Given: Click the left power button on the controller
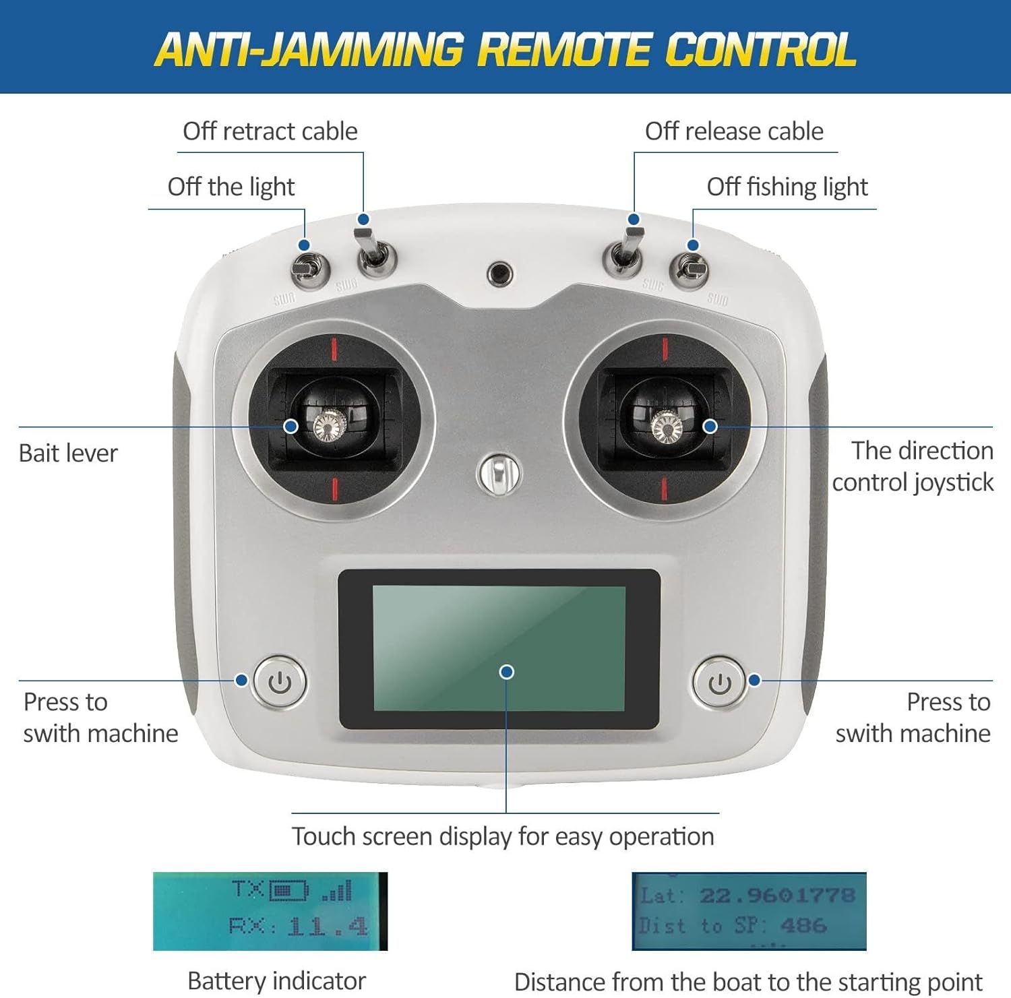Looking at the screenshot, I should (280, 682).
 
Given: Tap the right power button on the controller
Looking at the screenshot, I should (720, 683).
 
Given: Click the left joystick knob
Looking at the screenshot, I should (328, 426).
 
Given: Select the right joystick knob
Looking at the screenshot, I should (666, 426).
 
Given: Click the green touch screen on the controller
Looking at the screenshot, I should (499, 647).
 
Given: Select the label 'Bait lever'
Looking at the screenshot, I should (68, 454).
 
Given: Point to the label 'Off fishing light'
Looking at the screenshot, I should (787, 187).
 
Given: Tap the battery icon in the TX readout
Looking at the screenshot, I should (288, 891).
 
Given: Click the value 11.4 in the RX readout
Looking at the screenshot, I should (328, 927).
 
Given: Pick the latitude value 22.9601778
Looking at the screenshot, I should (777, 896).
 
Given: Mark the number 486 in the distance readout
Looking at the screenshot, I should (803, 926).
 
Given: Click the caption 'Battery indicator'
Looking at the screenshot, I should (276, 980).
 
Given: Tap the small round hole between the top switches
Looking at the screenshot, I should (499, 274).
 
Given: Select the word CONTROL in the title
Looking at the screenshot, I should (760, 50).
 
